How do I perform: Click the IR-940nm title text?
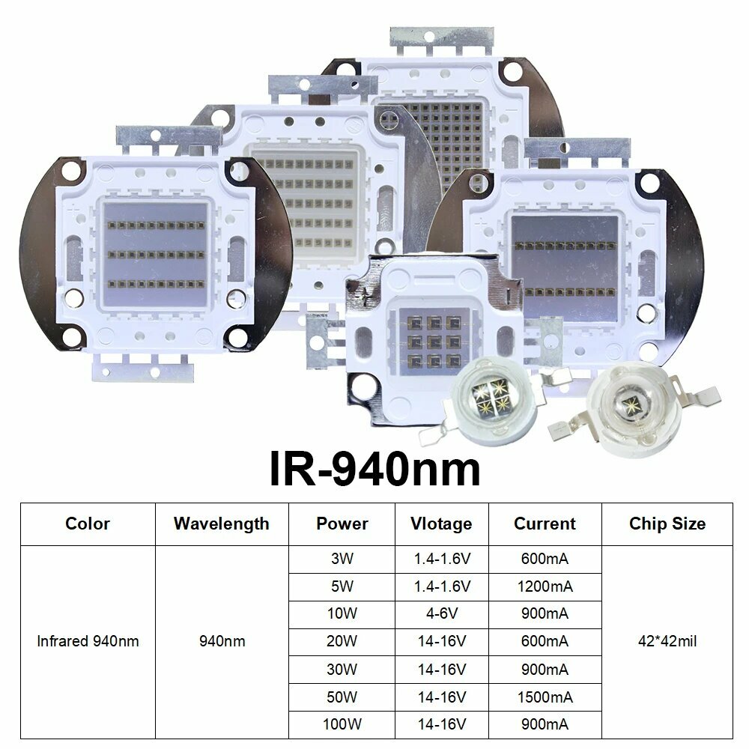[x=374, y=470]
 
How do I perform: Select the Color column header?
[x=88, y=524]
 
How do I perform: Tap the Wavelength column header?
[x=221, y=524]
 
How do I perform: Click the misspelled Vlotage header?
[x=442, y=524]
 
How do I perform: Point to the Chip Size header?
[x=667, y=524]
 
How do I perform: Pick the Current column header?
[x=545, y=524]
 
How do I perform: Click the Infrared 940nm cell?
[x=88, y=641]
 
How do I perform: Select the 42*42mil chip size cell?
[x=667, y=641]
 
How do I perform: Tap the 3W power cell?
[x=342, y=559]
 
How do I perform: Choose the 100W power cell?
[x=342, y=724]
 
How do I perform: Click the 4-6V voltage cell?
[x=442, y=614]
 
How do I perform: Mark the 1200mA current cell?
[x=545, y=586]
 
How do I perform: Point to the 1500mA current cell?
[x=545, y=697]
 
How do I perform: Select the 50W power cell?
[x=342, y=697]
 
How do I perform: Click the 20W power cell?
[x=342, y=641]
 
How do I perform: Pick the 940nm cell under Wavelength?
[x=221, y=641]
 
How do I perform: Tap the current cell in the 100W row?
[x=545, y=724]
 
